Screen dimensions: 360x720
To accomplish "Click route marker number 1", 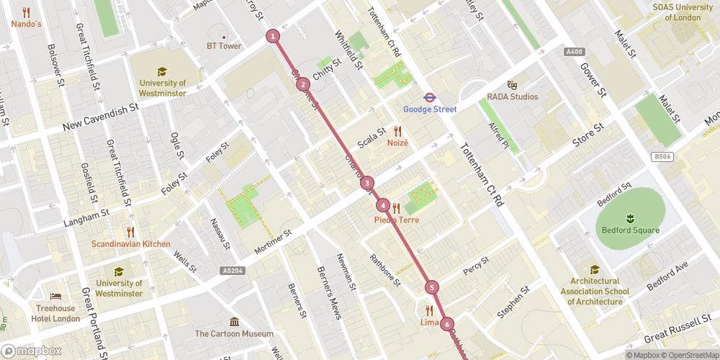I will pos(273,35).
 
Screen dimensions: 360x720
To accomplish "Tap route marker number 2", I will pos(303,84).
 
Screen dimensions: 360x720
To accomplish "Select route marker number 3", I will pos(367,183).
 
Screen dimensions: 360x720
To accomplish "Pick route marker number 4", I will pos(383,206).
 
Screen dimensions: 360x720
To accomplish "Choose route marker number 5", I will pos(432,287).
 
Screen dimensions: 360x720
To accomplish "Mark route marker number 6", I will pos(447,324).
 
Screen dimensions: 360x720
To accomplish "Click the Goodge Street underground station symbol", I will pos(428,95).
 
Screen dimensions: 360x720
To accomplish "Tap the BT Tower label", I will pos(224,46).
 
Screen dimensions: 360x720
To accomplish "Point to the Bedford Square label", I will pos(631,230).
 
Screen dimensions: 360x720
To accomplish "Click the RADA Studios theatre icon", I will pos(512,84).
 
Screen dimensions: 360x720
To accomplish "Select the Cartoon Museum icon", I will pos(234,321).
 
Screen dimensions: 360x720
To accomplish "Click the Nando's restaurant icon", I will pos(26,12).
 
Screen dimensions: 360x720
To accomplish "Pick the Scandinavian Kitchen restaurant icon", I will pos(130,232).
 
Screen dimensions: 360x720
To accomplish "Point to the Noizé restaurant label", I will pos(397,143).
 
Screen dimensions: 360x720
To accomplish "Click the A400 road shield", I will pos(574,52).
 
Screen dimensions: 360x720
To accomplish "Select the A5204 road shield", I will pos(229,271).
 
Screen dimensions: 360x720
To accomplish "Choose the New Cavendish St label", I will pos(100,116).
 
